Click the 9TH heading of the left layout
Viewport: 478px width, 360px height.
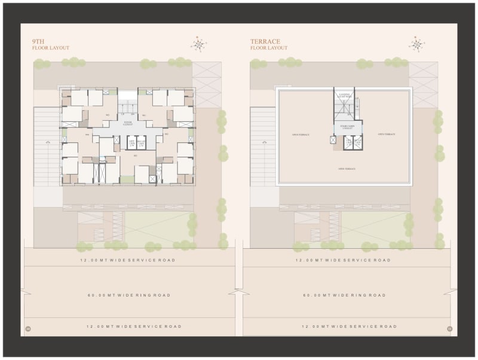tap(39, 41)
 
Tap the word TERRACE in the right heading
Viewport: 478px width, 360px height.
tap(265, 41)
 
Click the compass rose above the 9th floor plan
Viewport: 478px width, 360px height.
tap(198, 44)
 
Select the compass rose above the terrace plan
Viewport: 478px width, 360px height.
tap(417, 44)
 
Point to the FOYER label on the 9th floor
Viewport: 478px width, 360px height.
tap(127, 123)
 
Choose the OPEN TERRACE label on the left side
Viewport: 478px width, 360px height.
tap(300, 135)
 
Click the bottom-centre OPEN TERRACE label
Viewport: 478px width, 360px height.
tap(347, 169)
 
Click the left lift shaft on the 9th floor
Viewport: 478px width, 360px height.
tap(131, 142)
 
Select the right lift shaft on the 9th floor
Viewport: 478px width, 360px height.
tap(142, 142)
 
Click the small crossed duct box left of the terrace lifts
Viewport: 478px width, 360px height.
tap(332, 140)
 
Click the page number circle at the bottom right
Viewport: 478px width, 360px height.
tap(449, 328)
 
